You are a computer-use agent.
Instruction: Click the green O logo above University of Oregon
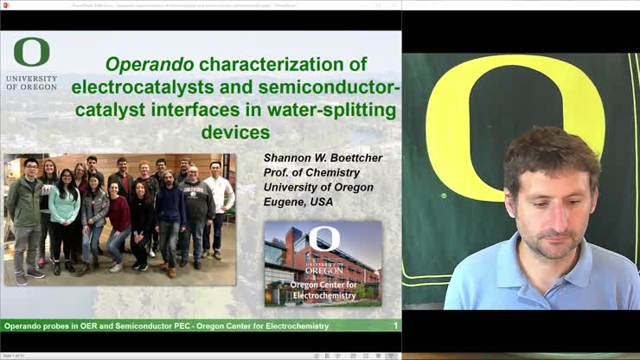pos(32,53)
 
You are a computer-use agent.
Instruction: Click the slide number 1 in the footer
pos(395,326)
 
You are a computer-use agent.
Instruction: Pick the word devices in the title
pos(235,132)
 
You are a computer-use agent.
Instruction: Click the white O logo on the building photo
pos(324,238)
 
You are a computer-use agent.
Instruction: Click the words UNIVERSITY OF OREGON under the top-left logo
pos(31,81)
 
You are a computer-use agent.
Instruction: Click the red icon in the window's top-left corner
pos(5,4)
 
